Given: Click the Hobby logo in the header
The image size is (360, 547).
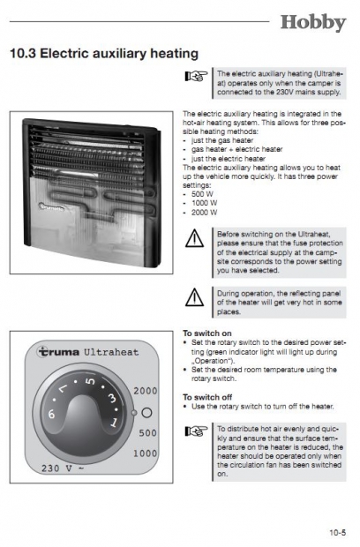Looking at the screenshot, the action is point(313,23).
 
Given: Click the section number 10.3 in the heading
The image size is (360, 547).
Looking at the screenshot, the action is point(23,53).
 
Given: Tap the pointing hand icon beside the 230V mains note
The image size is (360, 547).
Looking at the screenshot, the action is point(196,75).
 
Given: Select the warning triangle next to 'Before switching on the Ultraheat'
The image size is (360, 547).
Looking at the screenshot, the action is point(194,238).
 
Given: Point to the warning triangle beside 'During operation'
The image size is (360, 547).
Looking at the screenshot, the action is point(194,296).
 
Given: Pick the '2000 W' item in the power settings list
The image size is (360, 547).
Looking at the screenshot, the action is point(204,212).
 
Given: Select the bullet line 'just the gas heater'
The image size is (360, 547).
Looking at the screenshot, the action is point(222,140).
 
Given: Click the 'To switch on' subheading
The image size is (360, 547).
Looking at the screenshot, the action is point(207,333).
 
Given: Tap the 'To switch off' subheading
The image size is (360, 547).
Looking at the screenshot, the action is point(207,397).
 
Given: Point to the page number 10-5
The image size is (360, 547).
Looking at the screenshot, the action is point(338,532).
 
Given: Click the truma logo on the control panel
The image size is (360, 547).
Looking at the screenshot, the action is point(58,352).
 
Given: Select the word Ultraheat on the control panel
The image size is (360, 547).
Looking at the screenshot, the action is point(111,352).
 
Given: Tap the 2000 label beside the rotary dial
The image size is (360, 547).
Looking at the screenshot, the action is point(146,391).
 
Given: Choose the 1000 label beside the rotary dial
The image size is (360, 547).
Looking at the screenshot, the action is point(145,453).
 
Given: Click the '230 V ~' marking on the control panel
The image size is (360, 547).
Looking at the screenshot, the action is point(63,468).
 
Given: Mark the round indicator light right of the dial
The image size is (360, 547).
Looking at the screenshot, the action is point(146,413).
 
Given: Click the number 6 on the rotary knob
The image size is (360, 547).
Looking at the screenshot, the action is point(52,414).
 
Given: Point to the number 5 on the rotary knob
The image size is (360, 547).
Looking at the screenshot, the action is point(90,381).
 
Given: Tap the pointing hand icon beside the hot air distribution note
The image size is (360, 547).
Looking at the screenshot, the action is point(196,431).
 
